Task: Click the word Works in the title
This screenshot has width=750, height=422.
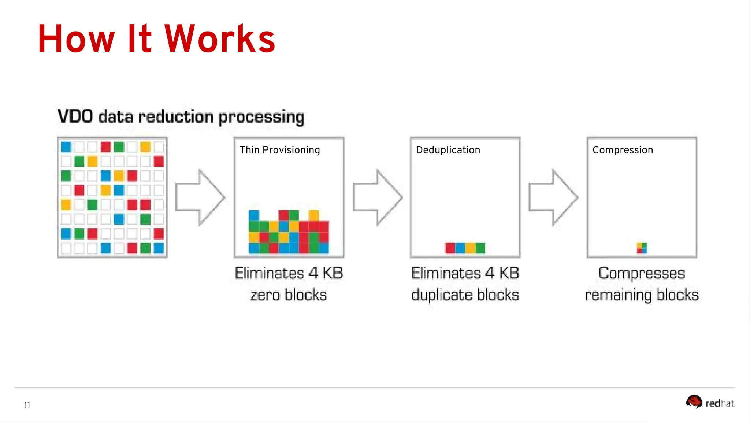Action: coord(220,39)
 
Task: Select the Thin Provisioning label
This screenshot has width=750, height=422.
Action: coord(280,150)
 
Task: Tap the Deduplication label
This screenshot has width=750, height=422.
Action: coord(448,150)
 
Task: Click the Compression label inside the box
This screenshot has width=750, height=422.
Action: coord(623,150)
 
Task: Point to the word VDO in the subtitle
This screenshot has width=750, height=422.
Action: coord(75,116)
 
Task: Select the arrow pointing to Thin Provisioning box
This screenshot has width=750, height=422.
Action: coord(200,197)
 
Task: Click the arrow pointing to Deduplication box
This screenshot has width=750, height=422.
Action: coord(377,197)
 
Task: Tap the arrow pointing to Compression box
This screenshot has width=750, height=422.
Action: coord(553,197)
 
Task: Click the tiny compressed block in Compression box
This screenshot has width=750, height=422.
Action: coord(642,248)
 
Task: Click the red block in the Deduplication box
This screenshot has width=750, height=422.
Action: coord(450,248)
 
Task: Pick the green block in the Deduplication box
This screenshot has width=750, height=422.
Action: coord(480,248)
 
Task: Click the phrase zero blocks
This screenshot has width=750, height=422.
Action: coord(289,295)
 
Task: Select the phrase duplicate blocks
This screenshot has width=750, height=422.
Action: coord(465,295)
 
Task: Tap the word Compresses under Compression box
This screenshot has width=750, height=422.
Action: coord(642,273)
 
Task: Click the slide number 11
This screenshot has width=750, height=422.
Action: coord(27,405)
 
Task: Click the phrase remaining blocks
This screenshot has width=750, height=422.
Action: coord(642,295)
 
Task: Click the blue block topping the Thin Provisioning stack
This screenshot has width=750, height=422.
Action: coord(254,215)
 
